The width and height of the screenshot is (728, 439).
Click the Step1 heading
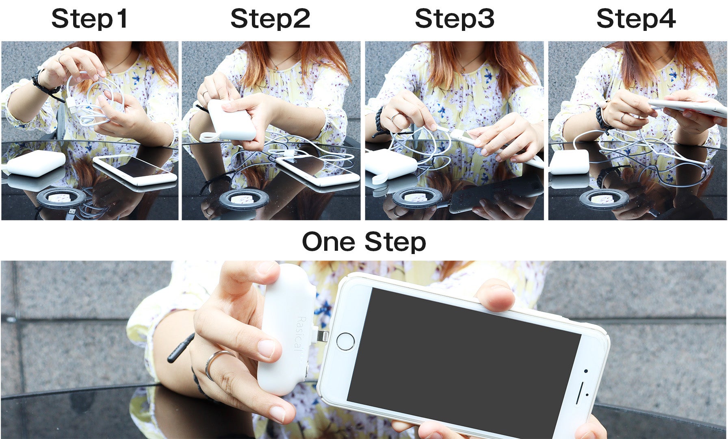coord(90,19)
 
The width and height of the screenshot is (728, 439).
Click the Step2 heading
coord(270,19)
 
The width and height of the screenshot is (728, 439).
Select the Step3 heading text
coord(455,19)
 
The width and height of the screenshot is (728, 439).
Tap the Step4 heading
coord(636,19)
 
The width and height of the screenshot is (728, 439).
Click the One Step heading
coord(364,242)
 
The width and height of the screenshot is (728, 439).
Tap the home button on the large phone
coord(346,341)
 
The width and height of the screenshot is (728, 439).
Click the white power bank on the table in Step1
coord(37,163)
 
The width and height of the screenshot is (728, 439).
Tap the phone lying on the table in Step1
coord(135,170)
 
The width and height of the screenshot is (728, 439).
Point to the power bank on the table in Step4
coord(569,162)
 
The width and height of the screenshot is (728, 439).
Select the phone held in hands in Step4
coord(687,107)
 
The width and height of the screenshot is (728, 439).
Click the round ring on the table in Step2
coord(239,200)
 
